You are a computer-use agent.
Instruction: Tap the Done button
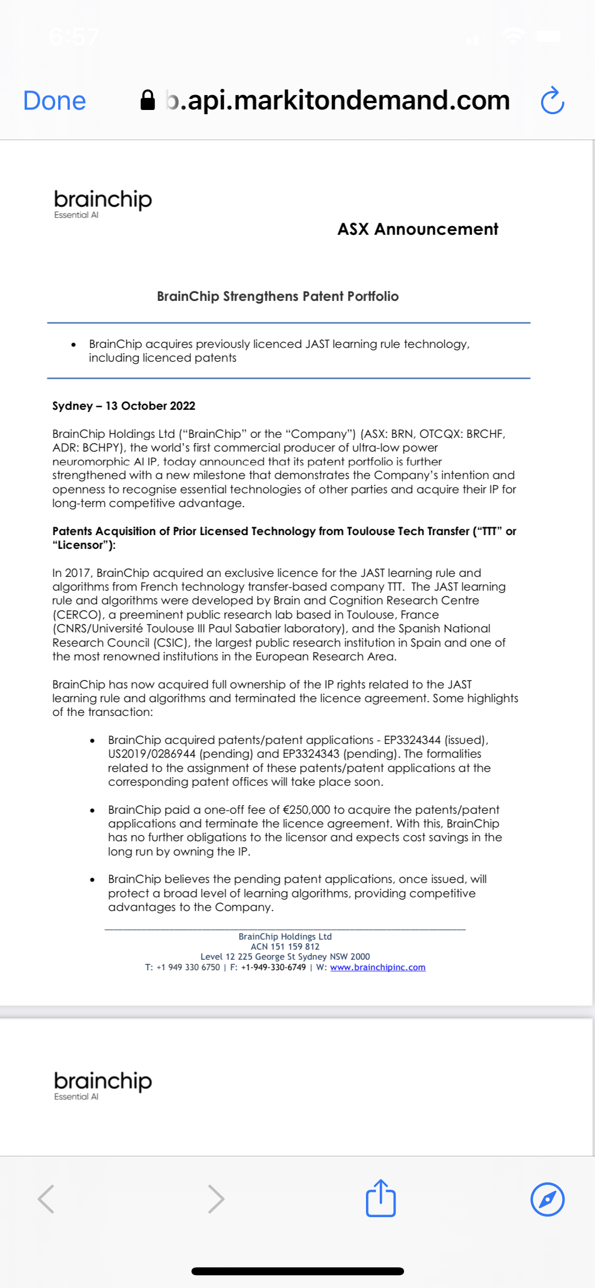pos(54,100)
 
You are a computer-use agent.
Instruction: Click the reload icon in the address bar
pos(552,100)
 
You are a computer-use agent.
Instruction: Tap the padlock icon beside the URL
pos(148,100)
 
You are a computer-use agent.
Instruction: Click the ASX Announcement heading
pos(417,229)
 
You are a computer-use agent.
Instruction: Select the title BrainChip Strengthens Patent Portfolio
pos(278,296)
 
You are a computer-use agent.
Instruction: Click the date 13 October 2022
pos(150,406)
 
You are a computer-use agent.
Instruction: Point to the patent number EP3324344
pos(412,740)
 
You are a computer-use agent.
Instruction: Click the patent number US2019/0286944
pos(152,753)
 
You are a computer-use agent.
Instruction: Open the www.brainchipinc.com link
pos(378,967)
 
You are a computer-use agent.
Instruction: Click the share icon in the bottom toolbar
pos(381,1198)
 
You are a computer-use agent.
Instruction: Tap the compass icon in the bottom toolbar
pos(547,1199)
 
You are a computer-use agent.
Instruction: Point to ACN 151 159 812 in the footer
pos(285,946)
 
